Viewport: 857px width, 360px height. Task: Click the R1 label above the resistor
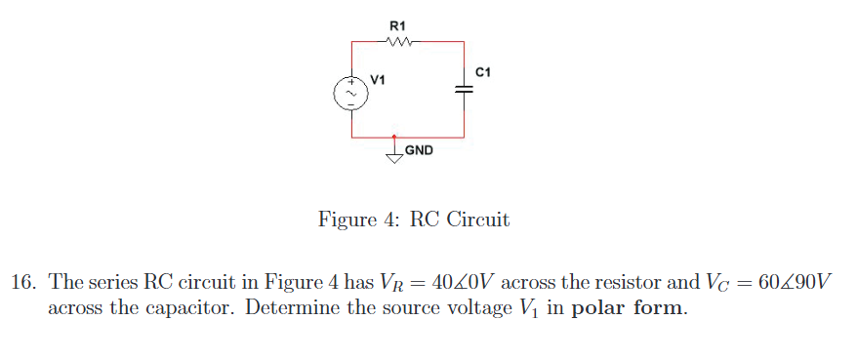point(398,24)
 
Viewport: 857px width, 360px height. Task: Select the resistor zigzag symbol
point(401,42)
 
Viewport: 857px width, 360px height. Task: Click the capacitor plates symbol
point(464,88)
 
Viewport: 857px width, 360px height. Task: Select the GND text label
point(420,151)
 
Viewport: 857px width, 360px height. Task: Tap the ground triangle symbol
point(395,157)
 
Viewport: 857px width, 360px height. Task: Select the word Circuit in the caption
point(477,220)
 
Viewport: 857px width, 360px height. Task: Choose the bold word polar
point(600,309)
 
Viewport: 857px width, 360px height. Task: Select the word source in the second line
point(426,309)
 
